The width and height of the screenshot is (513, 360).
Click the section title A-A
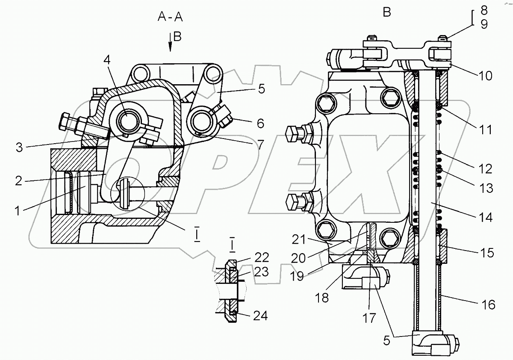[x=171, y=17]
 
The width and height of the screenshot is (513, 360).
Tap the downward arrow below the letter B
[x=170, y=42]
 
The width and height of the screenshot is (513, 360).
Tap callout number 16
[x=488, y=304]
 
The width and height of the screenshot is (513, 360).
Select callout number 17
[x=369, y=318]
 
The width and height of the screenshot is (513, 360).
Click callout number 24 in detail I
[x=260, y=316]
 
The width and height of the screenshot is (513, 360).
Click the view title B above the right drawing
[x=386, y=12]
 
